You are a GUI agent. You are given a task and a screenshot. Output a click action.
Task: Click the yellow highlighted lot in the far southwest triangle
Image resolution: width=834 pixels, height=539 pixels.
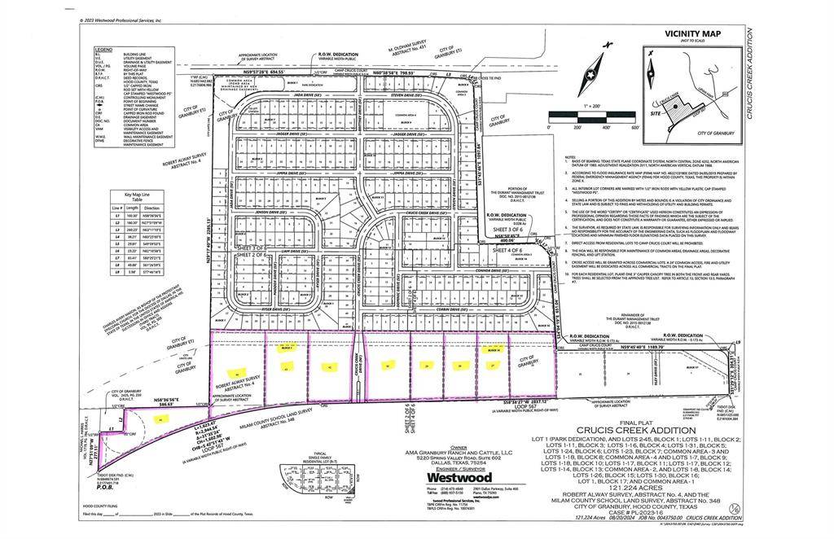pyautogui.click(x=160, y=418)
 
